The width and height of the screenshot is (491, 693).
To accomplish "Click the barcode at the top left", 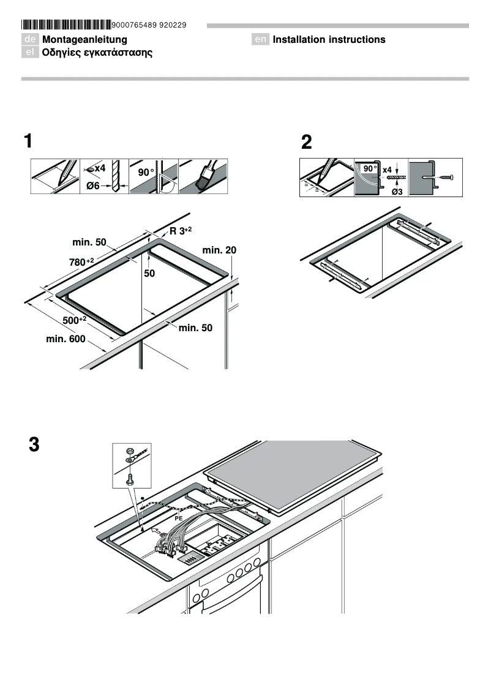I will (x=67, y=25).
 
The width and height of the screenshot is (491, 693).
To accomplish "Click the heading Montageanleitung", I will (x=84, y=40).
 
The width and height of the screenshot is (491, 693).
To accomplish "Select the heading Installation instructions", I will (x=329, y=40).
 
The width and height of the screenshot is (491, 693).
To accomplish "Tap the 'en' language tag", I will (x=261, y=40).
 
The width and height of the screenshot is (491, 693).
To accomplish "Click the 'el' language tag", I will (x=30, y=53).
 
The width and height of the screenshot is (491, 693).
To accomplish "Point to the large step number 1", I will (x=28, y=141).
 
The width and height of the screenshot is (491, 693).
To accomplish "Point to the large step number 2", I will (x=306, y=143).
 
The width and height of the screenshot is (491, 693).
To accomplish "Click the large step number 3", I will (x=34, y=445).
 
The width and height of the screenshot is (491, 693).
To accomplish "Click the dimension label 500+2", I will (x=75, y=320).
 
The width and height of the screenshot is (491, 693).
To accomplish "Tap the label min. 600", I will (x=66, y=339).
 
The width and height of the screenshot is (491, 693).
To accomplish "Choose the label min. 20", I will (x=219, y=250).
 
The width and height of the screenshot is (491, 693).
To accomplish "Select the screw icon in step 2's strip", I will (x=445, y=178).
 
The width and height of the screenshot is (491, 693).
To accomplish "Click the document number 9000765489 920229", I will (x=150, y=25).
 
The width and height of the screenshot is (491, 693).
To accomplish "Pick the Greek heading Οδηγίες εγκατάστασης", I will (x=97, y=53).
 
